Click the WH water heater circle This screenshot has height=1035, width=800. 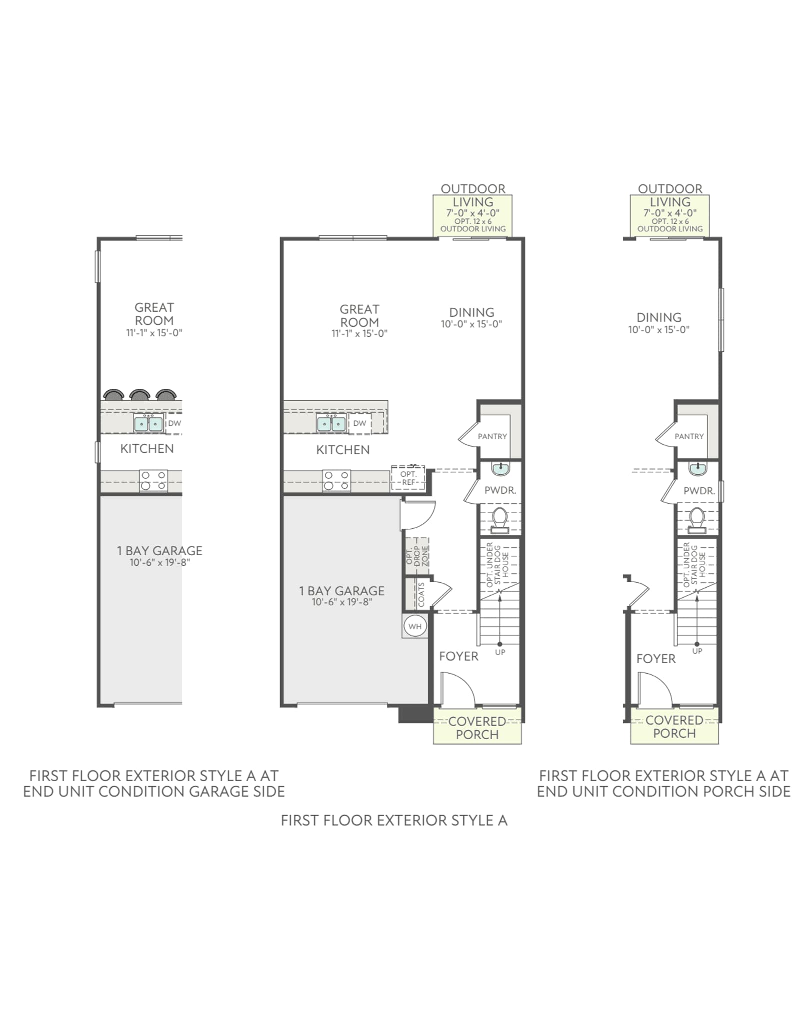click(x=415, y=626)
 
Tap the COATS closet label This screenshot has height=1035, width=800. click(x=421, y=595)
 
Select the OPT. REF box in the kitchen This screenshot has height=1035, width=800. click(x=408, y=478)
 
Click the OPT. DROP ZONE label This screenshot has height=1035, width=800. click(x=417, y=555)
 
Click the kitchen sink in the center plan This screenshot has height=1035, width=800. click(x=331, y=424)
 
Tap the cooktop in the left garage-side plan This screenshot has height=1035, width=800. click(x=153, y=480)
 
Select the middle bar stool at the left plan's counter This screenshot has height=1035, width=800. click(x=139, y=395)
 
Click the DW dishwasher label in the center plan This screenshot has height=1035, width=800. click(x=359, y=423)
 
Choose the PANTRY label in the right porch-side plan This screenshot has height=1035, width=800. click(x=689, y=436)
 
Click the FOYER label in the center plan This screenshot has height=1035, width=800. click(x=458, y=656)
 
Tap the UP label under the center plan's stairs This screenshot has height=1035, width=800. click(x=500, y=652)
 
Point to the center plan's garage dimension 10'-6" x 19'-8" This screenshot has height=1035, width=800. click(x=342, y=602)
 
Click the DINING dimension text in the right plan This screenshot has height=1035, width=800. click(x=659, y=330)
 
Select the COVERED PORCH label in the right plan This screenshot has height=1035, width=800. click(x=674, y=727)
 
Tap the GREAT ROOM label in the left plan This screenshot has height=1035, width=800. click(x=154, y=314)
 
